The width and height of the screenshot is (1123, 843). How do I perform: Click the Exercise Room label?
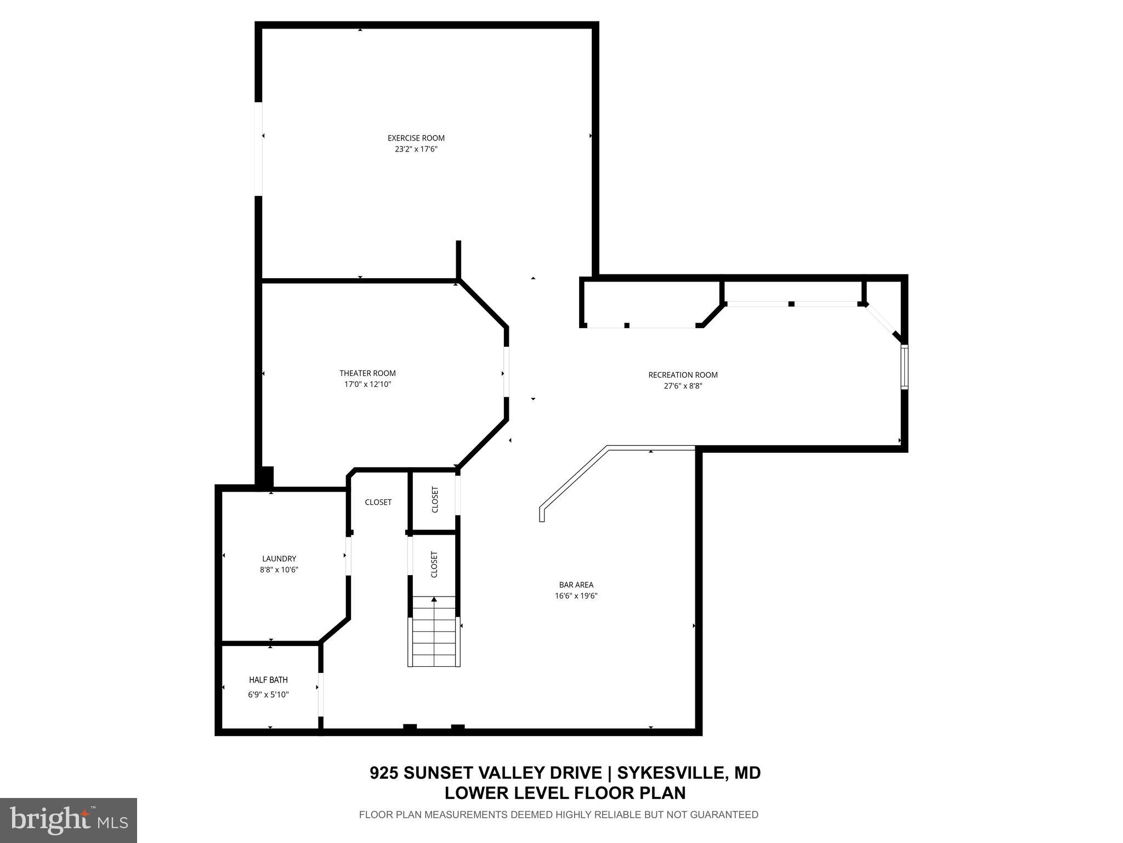(416, 138)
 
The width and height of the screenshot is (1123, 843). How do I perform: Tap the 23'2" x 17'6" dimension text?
(416, 149)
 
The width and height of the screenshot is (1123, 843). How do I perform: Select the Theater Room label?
(367, 373)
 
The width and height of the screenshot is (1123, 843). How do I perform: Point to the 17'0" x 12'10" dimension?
(367, 385)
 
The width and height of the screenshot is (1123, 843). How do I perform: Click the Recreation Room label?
(683, 375)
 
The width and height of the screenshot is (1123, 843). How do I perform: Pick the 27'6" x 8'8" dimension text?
(683, 386)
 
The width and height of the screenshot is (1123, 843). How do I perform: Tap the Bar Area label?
(576, 585)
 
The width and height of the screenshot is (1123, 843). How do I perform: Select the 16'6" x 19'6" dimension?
(576, 596)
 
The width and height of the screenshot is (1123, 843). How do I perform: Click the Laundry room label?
(279, 559)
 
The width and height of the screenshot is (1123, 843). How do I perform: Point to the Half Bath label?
(268, 680)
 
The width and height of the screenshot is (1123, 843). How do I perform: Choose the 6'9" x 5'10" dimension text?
(268, 695)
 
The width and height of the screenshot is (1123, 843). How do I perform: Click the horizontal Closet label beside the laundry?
(378, 502)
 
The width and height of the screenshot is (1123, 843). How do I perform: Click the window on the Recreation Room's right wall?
(904, 367)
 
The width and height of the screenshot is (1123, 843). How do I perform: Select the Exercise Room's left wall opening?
(258, 148)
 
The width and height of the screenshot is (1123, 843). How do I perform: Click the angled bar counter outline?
(603, 461)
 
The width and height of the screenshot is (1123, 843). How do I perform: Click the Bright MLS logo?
(69, 820)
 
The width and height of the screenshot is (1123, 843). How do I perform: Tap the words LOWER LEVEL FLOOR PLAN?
(565, 793)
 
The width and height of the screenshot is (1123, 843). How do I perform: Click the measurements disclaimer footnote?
(558, 815)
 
